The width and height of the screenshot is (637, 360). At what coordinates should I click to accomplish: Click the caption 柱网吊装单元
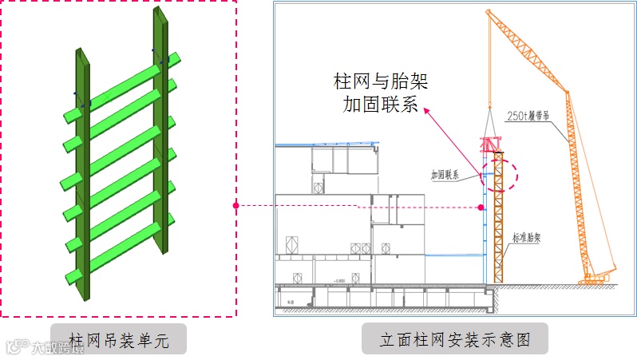coord(119,339)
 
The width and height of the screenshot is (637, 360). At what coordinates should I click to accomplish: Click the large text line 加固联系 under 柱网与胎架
coord(379,105)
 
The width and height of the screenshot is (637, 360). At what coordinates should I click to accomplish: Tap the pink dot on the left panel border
coord(235,206)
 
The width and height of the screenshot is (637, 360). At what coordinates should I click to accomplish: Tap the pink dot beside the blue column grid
coord(481,207)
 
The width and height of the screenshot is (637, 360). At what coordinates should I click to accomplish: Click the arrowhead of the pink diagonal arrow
coord(425,111)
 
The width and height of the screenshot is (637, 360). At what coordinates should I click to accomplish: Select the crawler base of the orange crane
coord(598,280)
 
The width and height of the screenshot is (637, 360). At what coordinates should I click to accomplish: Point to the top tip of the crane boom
coord(489,12)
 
